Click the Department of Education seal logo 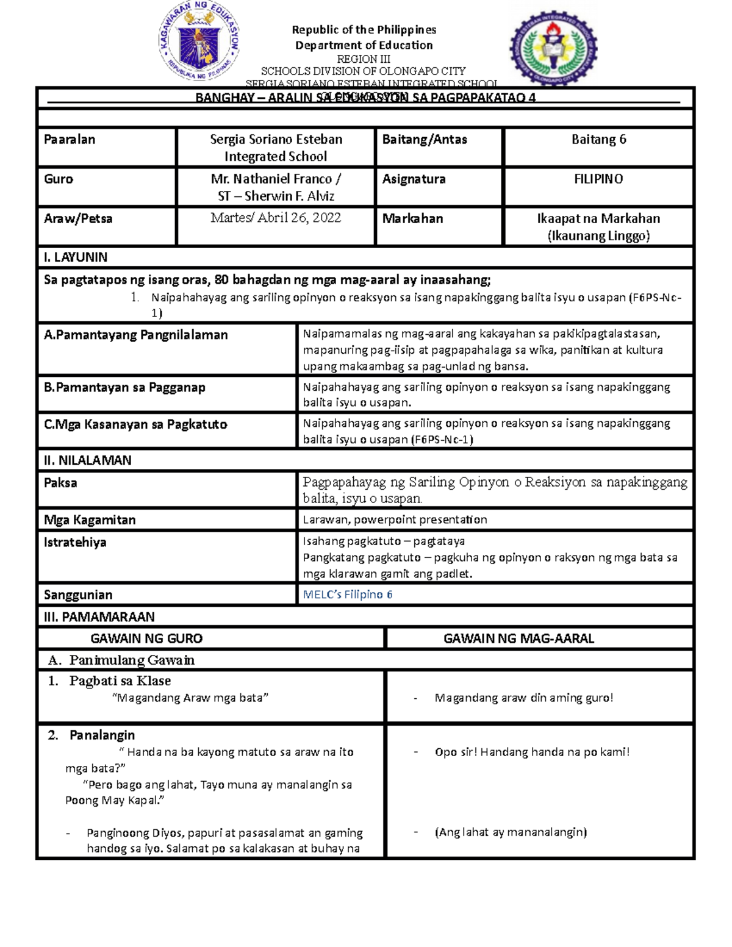click(x=199, y=43)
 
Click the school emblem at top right click(x=553, y=48)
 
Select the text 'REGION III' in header click(x=364, y=59)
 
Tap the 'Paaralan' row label click(x=70, y=140)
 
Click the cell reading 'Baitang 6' click(x=598, y=140)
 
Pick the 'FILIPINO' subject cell click(x=598, y=179)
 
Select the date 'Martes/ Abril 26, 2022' click(x=276, y=218)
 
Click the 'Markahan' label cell click(x=412, y=219)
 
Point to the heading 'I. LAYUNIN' click(x=76, y=257)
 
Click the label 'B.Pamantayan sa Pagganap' click(x=124, y=388)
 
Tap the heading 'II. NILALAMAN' click(x=88, y=460)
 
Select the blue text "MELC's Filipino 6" click(x=348, y=595)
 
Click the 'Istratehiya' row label click(x=75, y=543)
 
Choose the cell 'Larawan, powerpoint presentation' click(x=395, y=520)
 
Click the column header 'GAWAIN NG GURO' click(x=146, y=639)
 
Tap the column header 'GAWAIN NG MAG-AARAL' click(x=518, y=639)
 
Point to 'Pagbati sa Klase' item click(x=120, y=681)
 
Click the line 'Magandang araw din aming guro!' click(x=523, y=698)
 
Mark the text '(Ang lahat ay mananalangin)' click(x=511, y=832)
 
